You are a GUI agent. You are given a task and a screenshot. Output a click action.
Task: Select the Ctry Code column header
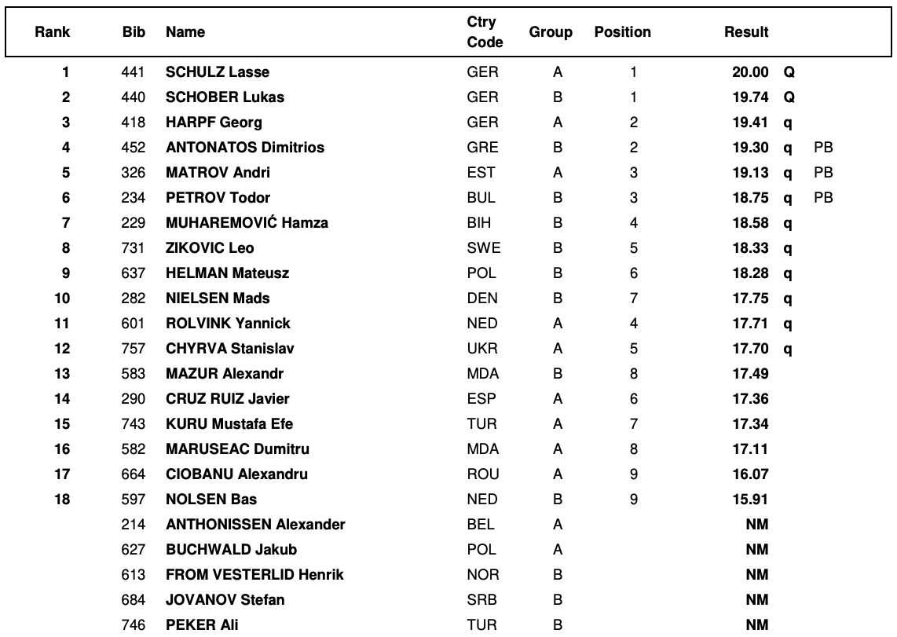pyautogui.click(x=485, y=32)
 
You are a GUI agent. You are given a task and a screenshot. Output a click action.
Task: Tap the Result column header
pyautogui.click(x=746, y=32)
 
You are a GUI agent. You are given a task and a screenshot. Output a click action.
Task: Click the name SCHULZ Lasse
pyautogui.click(x=218, y=72)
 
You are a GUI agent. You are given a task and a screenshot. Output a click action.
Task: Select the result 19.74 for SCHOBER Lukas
pyautogui.click(x=750, y=97)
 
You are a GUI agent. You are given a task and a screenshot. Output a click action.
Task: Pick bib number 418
pyautogui.click(x=134, y=123)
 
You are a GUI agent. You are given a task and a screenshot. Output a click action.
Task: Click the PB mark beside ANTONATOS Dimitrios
pyautogui.click(x=822, y=148)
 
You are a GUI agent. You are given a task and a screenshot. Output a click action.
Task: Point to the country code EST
pyautogui.click(x=481, y=173)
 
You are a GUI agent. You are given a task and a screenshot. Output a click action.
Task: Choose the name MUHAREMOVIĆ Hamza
pyautogui.click(x=247, y=223)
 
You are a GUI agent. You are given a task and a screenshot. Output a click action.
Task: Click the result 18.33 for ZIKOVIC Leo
pyautogui.click(x=750, y=248)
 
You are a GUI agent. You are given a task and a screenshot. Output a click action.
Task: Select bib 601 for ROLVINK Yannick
pyautogui.click(x=134, y=324)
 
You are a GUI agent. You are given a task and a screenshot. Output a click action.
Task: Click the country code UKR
pyautogui.click(x=482, y=349)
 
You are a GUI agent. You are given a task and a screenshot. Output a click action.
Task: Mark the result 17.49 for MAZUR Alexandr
pyautogui.click(x=750, y=374)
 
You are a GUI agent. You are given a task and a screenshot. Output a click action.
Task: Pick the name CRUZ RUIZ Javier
pyautogui.click(x=227, y=399)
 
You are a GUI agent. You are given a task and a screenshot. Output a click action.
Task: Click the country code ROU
pyautogui.click(x=483, y=474)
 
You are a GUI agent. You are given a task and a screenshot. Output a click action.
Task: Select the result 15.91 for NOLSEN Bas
pyautogui.click(x=750, y=500)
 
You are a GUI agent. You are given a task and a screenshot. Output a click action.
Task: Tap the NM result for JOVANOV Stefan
pyautogui.click(x=756, y=600)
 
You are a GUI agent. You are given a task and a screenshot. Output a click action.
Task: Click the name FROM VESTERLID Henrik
pyautogui.click(x=254, y=575)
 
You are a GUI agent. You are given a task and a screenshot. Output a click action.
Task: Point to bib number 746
pyautogui.click(x=134, y=625)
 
